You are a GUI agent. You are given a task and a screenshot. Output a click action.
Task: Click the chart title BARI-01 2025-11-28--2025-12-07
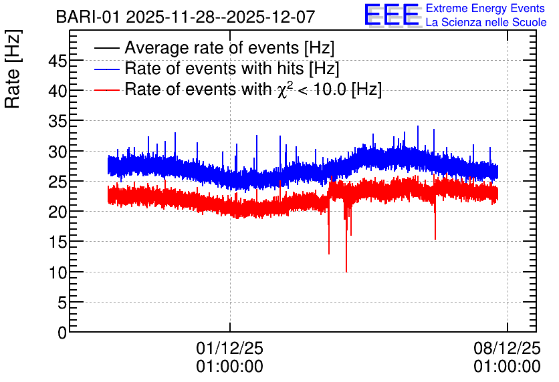click(x=185, y=17)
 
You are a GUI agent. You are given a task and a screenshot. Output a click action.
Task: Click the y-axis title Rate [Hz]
click(x=13, y=69)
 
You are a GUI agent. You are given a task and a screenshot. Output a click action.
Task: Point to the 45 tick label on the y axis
click(x=58, y=61)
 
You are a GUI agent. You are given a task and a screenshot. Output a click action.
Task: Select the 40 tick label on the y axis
click(x=58, y=91)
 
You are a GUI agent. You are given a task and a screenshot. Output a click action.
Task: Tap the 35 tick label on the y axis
click(x=58, y=122)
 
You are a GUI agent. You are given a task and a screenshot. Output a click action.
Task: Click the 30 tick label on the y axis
click(x=58, y=152)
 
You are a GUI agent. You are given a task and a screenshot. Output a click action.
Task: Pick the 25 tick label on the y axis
click(x=58, y=182)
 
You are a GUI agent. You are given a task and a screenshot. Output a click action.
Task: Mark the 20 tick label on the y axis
click(x=58, y=212)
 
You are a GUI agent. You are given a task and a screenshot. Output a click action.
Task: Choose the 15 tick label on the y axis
click(x=58, y=243)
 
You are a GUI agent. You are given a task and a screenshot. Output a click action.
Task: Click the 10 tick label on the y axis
click(x=58, y=273)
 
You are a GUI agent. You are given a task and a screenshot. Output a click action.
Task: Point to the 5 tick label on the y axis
click(x=62, y=303)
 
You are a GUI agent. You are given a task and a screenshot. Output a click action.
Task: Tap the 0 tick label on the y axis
click(x=62, y=333)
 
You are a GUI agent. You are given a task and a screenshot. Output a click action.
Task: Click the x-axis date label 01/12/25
click(x=229, y=348)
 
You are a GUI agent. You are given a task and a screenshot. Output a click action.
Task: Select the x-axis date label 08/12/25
click(x=507, y=348)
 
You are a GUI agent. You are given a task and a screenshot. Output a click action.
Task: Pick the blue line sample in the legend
click(x=106, y=69)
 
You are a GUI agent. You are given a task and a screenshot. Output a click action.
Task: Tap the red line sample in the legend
click(x=106, y=89)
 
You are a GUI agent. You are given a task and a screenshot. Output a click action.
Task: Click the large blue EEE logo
click(x=393, y=15)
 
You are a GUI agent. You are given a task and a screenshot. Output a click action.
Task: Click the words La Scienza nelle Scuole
click(x=486, y=23)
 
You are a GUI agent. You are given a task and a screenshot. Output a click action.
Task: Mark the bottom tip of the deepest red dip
click(x=346, y=272)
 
